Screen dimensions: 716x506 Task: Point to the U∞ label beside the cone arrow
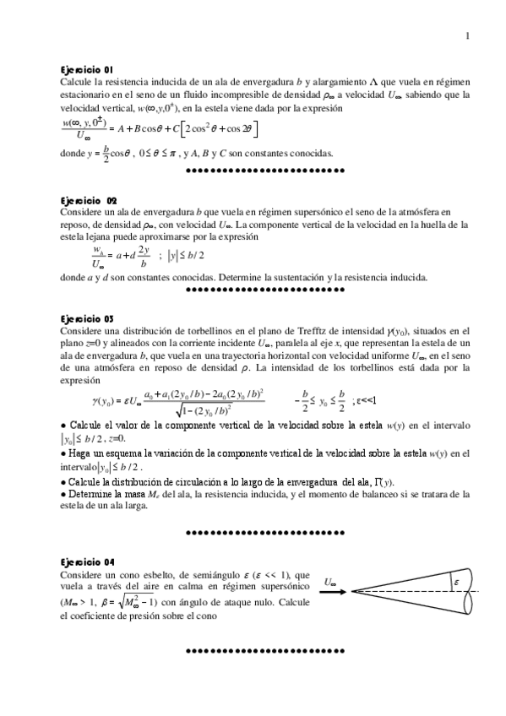[x=331, y=583]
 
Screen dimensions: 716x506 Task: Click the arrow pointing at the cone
[x=335, y=592]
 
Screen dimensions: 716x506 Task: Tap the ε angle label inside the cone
[x=455, y=582]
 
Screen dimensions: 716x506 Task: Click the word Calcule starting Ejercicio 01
[x=78, y=83]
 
